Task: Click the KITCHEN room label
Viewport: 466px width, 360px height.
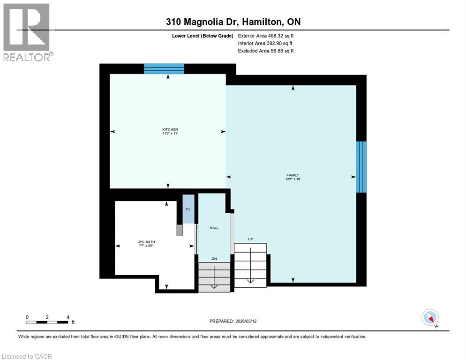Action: click(170, 129)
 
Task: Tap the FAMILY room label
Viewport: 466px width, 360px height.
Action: click(293, 175)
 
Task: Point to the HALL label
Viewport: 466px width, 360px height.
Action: click(214, 228)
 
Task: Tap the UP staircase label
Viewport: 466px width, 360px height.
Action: click(250, 239)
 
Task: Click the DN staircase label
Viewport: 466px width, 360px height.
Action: click(214, 258)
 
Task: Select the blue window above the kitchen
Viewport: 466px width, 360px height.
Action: click(164, 69)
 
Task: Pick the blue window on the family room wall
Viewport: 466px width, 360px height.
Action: click(361, 167)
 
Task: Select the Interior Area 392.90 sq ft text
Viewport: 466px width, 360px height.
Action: click(266, 43)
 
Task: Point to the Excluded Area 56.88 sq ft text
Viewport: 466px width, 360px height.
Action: click(266, 51)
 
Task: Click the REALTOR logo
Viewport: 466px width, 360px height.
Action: click(27, 32)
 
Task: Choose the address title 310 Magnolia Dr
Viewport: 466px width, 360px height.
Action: click(233, 22)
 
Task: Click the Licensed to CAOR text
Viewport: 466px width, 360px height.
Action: click(27, 356)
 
